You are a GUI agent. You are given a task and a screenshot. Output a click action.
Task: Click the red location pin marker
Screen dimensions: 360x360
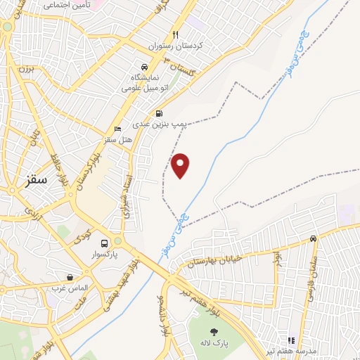[x=181, y=165]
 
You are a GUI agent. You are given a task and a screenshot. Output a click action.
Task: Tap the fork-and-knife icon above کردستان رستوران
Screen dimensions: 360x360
[x=176, y=34]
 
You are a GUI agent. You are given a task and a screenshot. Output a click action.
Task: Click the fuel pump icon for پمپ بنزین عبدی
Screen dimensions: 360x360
[x=160, y=112]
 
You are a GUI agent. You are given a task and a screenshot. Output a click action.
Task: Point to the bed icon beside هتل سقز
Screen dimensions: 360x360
[x=117, y=129]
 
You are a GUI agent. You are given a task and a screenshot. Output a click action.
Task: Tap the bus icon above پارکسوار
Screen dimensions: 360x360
[x=104, y=239]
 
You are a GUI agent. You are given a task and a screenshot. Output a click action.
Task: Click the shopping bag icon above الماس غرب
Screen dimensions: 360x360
[x=69, y=277]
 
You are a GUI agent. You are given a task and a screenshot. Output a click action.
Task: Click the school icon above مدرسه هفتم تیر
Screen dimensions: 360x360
[x=291, y=340]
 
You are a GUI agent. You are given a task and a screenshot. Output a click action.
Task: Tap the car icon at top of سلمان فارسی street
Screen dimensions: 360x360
[x=313, y=239]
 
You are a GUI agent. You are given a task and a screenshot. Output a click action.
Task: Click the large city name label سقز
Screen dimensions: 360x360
[x=33, y=179]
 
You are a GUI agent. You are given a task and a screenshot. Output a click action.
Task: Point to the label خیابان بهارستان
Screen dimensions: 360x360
[x=214, y=261]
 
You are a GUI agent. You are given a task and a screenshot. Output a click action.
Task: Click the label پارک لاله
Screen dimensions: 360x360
[x=214, y=345]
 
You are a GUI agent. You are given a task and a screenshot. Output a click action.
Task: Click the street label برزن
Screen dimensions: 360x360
[x=26, y=70]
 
